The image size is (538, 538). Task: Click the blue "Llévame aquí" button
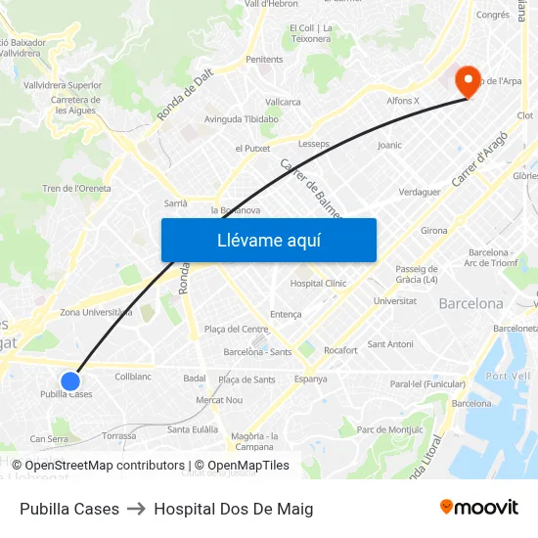click(268, 240)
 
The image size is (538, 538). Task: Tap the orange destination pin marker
click(469, 81)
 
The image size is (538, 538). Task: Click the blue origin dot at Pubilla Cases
click(70, 381)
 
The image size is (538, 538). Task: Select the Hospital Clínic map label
click(318, 284)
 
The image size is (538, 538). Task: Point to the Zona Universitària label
click(96, 312)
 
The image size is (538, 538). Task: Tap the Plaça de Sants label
click(247, 380)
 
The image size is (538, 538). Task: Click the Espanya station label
click(310, 380)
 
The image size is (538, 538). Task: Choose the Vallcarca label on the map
click(283, 102)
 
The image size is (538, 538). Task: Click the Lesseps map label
click(314, 144)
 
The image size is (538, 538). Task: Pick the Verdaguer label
click(420, 192)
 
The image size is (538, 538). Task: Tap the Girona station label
click(433, 231)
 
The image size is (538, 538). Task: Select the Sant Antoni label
click(390, 344)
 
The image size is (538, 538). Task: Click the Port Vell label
click(507, 377)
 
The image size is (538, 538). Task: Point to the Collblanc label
click(133, 377)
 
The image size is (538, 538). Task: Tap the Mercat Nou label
click(219, 400)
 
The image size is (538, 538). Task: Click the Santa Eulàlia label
click(192, 429)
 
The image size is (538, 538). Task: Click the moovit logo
click(478, 508)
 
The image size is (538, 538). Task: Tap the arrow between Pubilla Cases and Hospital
click(136, 509)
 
